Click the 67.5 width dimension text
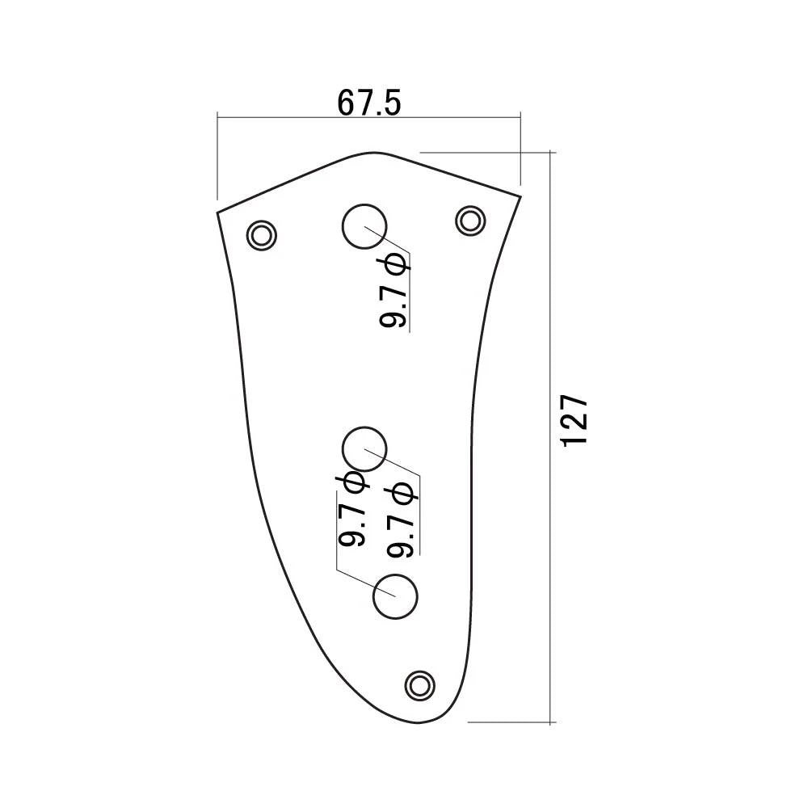369,103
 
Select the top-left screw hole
262,235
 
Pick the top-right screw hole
470,221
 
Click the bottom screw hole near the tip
419,685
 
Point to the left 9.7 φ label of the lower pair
352,509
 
